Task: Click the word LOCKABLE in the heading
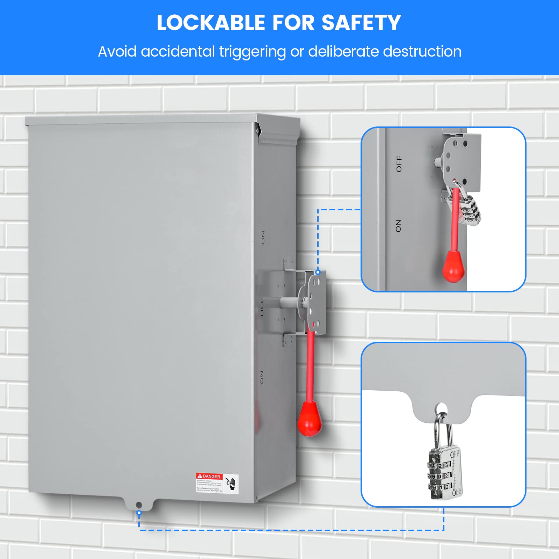tap(211, 23)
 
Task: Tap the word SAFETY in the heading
tap(361, 23)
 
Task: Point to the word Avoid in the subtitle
tap(117, 52)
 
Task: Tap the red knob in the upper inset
tap(453, 268)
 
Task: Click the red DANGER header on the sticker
tap(209, 476)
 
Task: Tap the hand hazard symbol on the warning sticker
tap(231, 484)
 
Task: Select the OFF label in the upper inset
tap(399, 164)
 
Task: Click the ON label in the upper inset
tap(398, 226)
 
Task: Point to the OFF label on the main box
tap(262, 307)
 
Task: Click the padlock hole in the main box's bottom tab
tap(139, 505)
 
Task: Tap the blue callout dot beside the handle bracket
tap(318, 272)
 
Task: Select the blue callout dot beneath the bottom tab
tap(139, 513)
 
